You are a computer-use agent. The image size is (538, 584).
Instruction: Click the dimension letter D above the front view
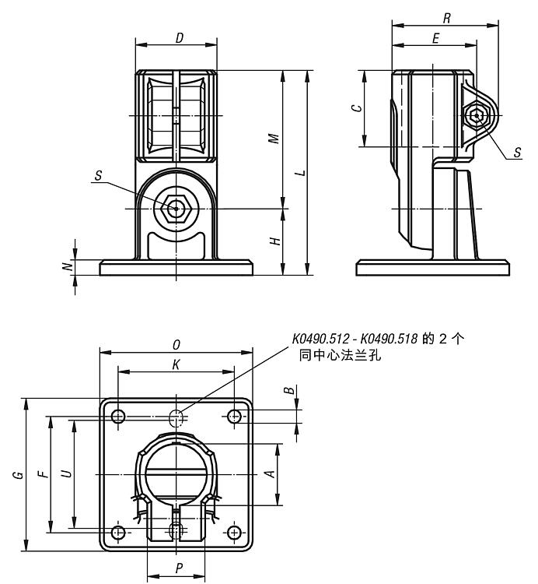[x=180, y=37]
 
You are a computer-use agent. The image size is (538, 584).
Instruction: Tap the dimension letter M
[x=274, y=138]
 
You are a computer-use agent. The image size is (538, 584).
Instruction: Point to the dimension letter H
[x=274, y=241]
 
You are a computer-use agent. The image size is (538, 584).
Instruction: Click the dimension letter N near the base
[x=68, y=266]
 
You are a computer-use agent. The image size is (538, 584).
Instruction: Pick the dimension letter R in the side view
[x=445, y=16]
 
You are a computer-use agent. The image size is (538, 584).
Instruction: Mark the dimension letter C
[x=355, y=108]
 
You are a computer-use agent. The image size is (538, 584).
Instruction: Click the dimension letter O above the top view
[x=177, y=343]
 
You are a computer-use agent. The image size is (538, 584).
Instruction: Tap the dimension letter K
[x=176, y=364]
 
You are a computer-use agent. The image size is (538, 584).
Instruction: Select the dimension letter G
[x=17, y=475]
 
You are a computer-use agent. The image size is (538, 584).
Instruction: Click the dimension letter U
[x=66, y=473]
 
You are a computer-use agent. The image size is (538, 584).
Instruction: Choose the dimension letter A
[x=269, y=474]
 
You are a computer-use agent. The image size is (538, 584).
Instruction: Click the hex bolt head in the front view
[x=177, y=209]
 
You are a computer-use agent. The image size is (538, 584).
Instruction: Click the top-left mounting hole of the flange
[x=118, y=417]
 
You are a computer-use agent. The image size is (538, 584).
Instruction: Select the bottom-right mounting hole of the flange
[x=235, y=533]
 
